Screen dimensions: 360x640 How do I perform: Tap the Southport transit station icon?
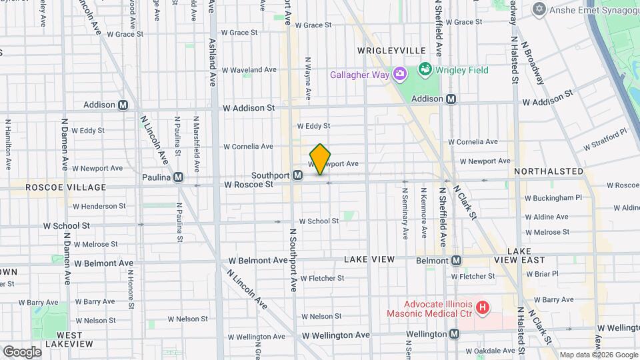coord(298,175)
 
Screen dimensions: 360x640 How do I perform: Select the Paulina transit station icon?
coord(178,177)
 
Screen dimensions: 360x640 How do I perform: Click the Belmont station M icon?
coord(457,260)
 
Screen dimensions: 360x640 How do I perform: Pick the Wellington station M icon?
coord(454,333)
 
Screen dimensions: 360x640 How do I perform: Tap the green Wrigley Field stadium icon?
coord(425,69)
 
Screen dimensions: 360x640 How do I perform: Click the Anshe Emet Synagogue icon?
coord(539,9)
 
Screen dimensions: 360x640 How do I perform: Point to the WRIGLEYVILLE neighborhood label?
coord(391,51)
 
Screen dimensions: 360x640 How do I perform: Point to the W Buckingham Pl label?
coord(553,198)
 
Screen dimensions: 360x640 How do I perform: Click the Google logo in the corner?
coord(22,351)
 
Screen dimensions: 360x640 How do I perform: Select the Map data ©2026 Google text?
coord(598,355)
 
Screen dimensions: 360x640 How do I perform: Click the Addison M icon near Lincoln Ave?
coord(123,105)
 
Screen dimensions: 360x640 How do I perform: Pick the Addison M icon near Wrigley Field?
coord(451,99)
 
